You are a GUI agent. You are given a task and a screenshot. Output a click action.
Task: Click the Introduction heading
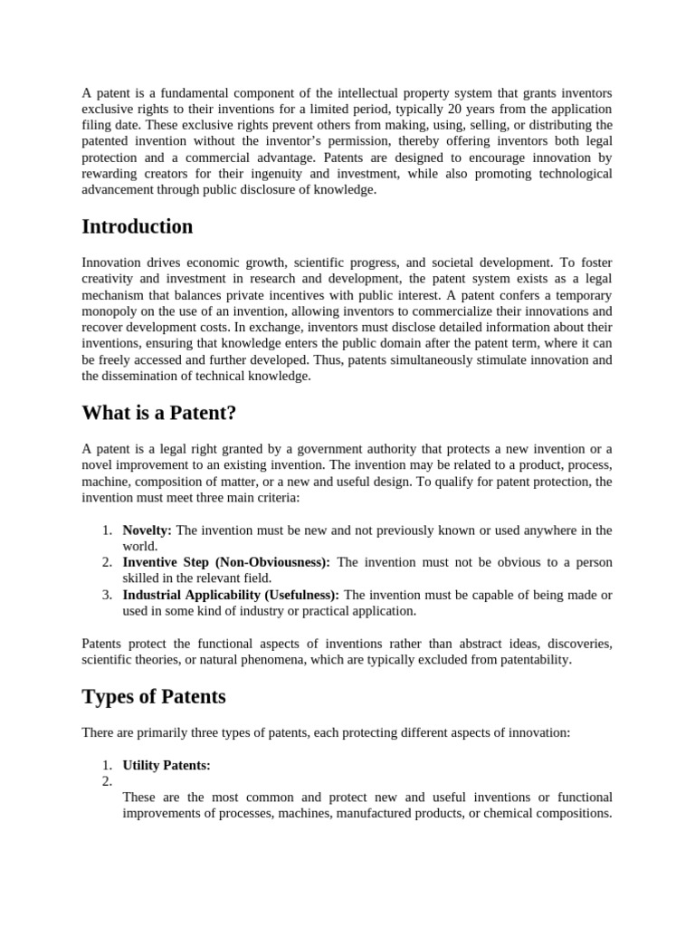click(x=138, y=226)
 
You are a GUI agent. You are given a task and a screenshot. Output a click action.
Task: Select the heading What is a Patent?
click(x=158, y=413)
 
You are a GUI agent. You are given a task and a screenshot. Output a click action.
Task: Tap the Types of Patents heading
click(x=154, y=696)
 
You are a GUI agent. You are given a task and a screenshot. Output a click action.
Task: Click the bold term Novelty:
click(x=148, y=530)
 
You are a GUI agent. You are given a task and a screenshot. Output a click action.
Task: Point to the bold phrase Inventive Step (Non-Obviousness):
click(x=226, y=562)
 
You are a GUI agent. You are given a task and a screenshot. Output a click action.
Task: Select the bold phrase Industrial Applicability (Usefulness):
click(x=231, y=595)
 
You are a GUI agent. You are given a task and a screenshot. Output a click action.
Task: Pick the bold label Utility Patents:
click(x=167, y=765)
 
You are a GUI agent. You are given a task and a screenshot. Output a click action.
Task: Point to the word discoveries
click(x=576, y=644)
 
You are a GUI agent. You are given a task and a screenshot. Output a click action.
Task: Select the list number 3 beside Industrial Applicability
click(x=106, y=595)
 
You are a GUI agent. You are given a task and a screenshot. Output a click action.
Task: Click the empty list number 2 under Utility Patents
click(x=106, y=781)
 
